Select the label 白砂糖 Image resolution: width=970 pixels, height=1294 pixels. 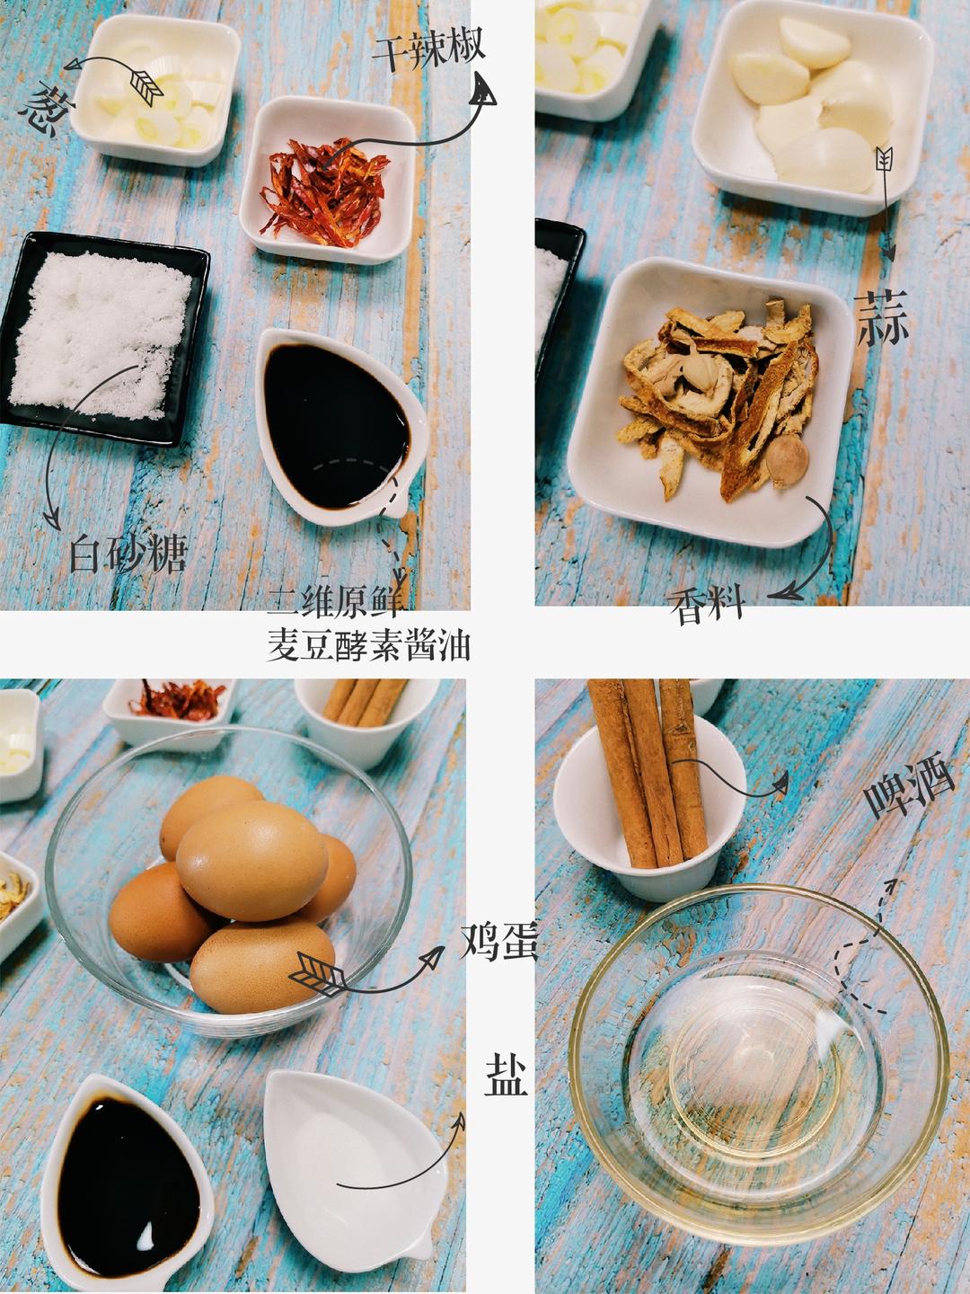tap(128, 554)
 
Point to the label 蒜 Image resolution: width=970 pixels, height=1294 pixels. tap(882, 318)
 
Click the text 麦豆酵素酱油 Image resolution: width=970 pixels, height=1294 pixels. tap(369, 644)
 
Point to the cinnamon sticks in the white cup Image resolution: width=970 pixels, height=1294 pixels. tap(650, 773)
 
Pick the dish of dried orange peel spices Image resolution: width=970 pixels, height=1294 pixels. tap(719, 395)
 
